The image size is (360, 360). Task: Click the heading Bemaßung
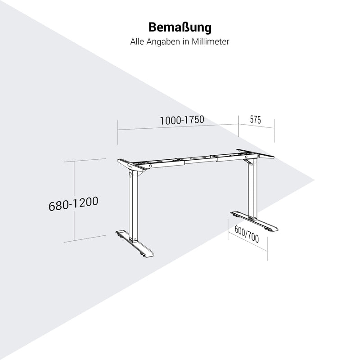[x=180, y=27]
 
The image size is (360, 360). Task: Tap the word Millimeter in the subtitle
[x=210, y=41]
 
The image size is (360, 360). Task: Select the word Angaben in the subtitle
[x=163, y=42]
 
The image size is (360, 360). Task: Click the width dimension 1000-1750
[x=182, y=120]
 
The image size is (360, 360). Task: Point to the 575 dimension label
[x=255, y=120]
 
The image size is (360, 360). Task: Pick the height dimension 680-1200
[x=73, y=203]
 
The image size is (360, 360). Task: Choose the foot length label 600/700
[x=247, y=234]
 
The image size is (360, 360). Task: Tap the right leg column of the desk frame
[x=252, y=189]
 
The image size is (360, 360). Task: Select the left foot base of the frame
[x=135, y=243]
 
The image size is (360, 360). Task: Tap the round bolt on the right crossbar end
[x=246, y=157]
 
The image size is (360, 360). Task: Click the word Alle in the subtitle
[x=137, y=42]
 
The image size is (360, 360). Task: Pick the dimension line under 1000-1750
[x=178, y=127]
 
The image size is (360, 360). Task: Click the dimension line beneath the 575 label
[x=256, y=126]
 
